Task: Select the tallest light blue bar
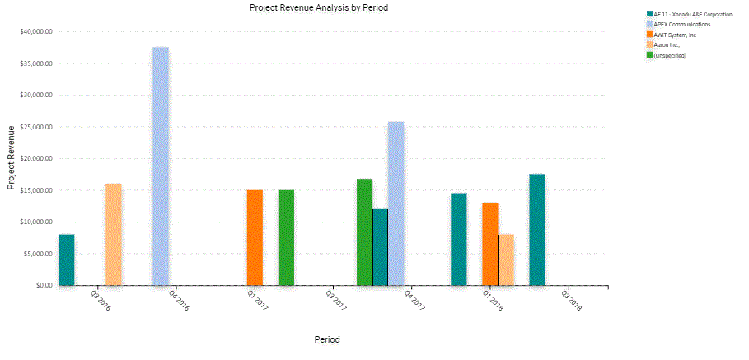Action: (161, 166)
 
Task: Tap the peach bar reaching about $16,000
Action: (114, 234)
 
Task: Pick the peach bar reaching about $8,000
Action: (506, 259)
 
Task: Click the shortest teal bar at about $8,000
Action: (67, 259)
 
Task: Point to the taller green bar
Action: (364, 231)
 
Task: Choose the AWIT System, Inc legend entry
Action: (675, 35)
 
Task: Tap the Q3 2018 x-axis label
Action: (571, 301)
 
